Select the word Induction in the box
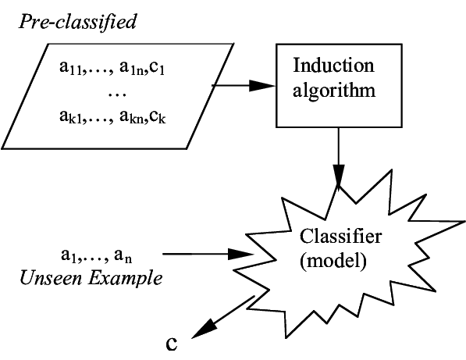(333, 65)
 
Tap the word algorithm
(333, 89)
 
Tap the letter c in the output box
(171, 344)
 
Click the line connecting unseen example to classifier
(177, 253)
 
